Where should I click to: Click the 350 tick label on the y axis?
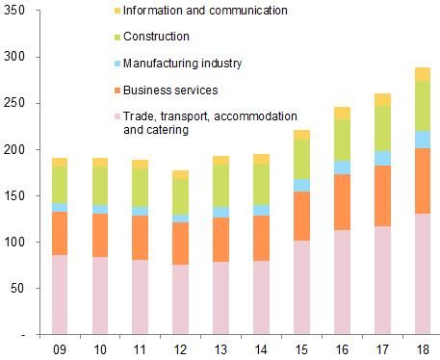click(17, 12)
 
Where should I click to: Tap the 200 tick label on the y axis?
click(17, 150)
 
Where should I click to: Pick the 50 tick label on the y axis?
click(20, 289)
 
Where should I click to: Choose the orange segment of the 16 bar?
click(341, 202)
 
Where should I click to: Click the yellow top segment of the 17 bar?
click(381, 99)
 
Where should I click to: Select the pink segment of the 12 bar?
click(179, 298)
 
